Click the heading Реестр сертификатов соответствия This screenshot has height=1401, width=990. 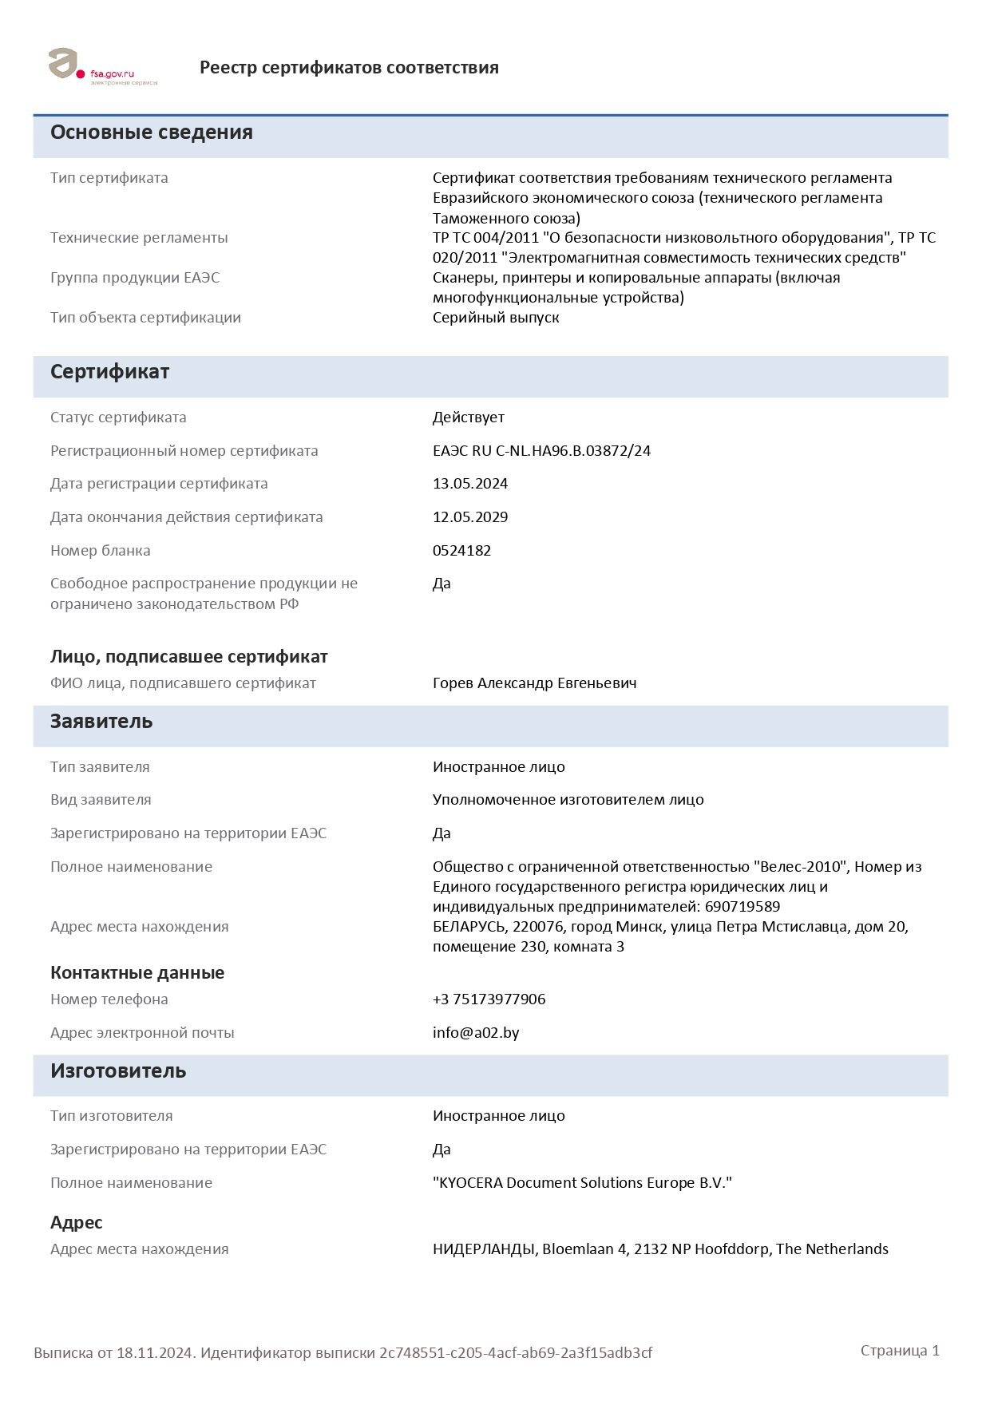(349, 68)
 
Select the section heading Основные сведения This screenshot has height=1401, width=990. (152, 133)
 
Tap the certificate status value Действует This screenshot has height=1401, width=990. (469, 418)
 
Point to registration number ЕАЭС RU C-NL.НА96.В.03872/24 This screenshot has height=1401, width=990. (541, 451)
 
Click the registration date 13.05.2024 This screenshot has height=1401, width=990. (470, 484)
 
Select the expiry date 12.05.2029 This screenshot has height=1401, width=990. (470, 517)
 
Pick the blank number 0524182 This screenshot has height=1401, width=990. (461, 551)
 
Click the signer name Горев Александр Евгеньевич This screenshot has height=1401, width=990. (534, 683)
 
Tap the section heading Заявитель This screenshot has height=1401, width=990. (101, 722)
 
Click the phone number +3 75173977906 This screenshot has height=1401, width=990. (489, 999)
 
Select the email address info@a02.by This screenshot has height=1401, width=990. (476, 1033)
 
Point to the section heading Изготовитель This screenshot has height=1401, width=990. (118, 1071)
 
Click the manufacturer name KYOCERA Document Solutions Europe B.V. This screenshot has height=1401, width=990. (582, 1183)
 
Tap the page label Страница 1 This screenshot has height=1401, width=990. (900, 1351)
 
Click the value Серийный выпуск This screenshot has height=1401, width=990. (496, 318)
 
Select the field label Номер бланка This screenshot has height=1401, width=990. (101, 551)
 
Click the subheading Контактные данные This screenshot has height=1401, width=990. (137, 973)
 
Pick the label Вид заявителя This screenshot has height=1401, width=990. (101, 800)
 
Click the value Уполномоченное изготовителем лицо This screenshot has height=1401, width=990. (568, 800)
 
